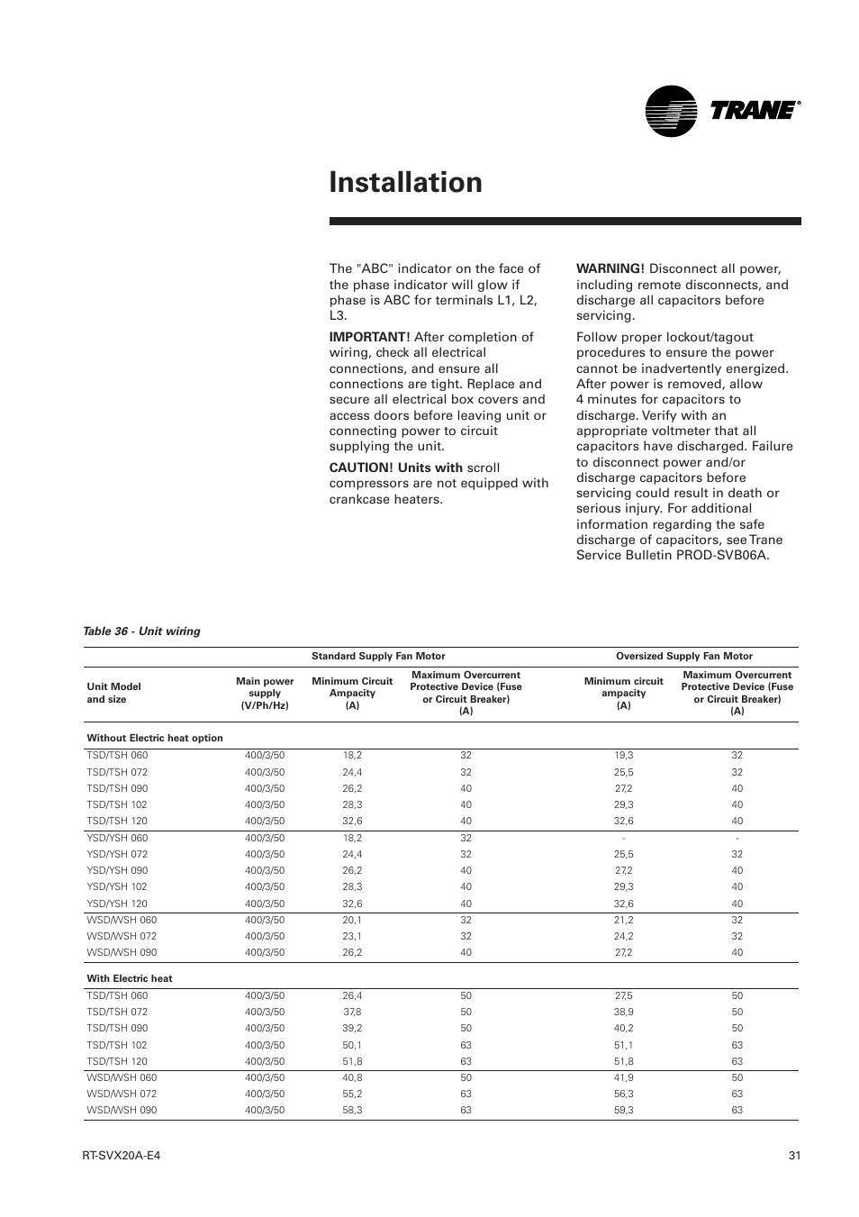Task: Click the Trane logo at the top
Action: click(x=722, y=111)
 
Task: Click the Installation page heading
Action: click(x=405, y=182)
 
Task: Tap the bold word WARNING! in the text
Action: click(x=610, y=268)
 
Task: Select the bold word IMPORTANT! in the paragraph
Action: click(x=369, y=337)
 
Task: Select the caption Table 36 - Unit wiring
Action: click(x=141, y=631)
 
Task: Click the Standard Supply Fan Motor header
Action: click(x=378, y=656)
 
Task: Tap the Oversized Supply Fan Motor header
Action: click(x=683, y=656)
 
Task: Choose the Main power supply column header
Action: click(x=265, y=693)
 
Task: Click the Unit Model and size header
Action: click(x=113, y=693)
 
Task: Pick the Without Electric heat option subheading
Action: click(x=155, y=738)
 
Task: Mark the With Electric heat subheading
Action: click(x=130, y=978)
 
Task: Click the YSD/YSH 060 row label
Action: click(x=117, y=838)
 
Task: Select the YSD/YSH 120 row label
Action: click(x=117, y=904)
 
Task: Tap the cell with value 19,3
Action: click(x=623, y=756)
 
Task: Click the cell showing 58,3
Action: click(x=352, y=1110)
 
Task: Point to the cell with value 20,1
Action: click(x=352, y=920)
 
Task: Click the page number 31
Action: click(x=793, y=1157)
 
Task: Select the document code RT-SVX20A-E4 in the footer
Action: click(x=121, y=1157)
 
